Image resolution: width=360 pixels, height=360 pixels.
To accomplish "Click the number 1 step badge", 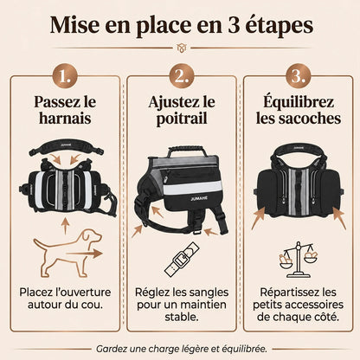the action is (65, 76).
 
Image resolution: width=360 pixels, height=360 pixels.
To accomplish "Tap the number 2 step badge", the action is (182, 76).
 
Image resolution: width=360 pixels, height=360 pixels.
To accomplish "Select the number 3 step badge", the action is (299, 76).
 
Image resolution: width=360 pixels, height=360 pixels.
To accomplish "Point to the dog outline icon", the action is (67, 253).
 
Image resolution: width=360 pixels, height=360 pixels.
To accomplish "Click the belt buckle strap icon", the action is (182, 259).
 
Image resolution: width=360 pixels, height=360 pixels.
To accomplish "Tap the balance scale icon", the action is (299, 260).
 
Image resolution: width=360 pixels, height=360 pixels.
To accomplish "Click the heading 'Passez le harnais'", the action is (65, 110).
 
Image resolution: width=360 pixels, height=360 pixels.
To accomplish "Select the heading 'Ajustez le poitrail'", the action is (182, 111).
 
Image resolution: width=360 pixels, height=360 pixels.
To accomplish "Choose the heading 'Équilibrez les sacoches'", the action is (299, 109).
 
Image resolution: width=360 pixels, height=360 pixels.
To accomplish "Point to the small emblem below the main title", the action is (182, 48).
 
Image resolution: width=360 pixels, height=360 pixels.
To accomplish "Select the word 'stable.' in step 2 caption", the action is (182, 318).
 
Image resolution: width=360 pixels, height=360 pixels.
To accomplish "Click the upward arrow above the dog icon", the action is (66, 226).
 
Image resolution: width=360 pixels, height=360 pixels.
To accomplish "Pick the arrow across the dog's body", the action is (84, 254).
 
